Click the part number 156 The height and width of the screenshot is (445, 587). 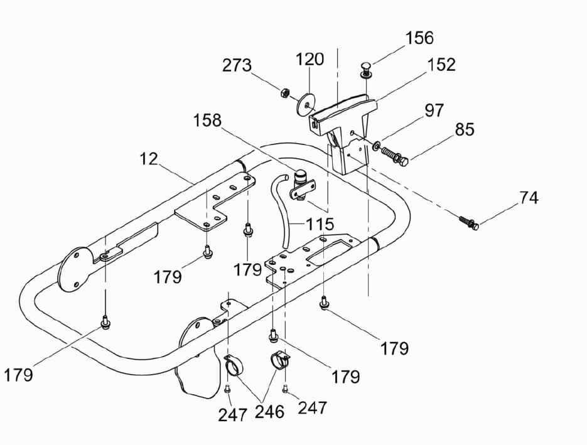(x=419, y=38)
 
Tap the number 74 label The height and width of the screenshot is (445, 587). (x=529, y=198)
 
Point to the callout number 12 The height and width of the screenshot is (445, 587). (x=149, y=159)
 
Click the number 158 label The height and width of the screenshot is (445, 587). (x=207, y=120)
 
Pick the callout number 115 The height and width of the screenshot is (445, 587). (x=320, y=223)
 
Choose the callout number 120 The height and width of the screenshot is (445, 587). (x=310, y=60)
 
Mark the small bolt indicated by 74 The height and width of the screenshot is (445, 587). (x=467, y=222)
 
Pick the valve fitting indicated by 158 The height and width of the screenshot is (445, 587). (x=303, y=185)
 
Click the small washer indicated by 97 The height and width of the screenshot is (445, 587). (x=375, y=146)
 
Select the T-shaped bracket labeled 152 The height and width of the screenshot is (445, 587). (x=342, y=126)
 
